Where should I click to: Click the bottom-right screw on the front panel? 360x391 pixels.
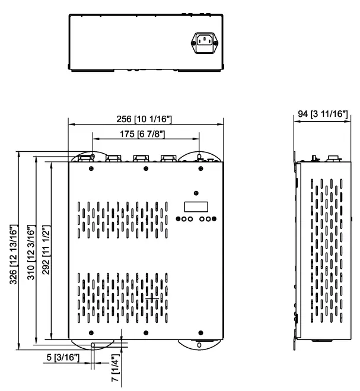click(x=200, y=331)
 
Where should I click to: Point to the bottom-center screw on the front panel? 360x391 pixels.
click(x=146, y=331)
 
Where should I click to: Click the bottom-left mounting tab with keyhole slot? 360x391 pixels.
click(x=93, y=343)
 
